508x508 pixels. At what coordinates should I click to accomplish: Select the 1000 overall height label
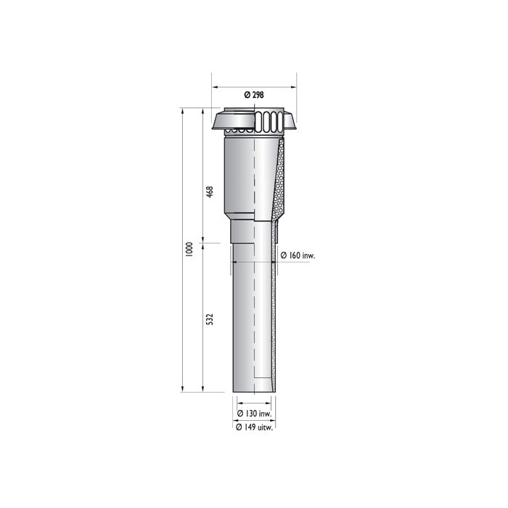[x=189, y=249]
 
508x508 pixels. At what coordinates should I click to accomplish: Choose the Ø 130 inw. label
[x=255, y=414]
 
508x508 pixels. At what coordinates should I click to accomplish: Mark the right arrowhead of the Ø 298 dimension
[x=295, y=87]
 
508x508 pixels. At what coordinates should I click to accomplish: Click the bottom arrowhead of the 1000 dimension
[x=181, y=390]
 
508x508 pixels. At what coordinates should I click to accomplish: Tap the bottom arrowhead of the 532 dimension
[x=202, y=390]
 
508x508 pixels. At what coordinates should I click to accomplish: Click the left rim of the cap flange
[x=214, y=127]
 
